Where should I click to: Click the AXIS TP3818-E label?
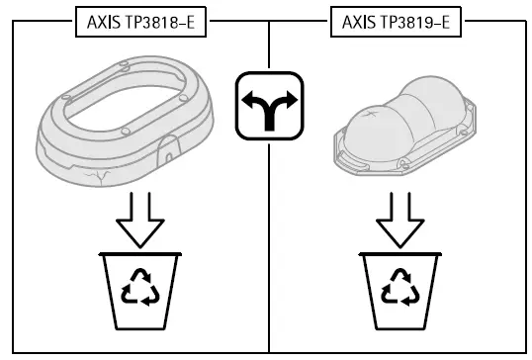pyautogui.click(x=139, y=22)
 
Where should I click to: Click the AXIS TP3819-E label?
pyautogui.click(x=395, y=22)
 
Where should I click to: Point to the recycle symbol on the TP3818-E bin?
pyautogui.click(x=140, y=289)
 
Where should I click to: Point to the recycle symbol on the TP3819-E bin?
pyautogui.click(x=399, y=289)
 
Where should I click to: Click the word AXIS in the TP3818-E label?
pyautogui.click(x=100, y=22)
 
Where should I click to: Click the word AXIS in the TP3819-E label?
pyautogui.click(x=356, y=22)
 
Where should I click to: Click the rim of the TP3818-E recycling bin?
pyautogui.click(x=140, y=258)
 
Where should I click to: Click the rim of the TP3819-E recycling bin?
pyautogui.click(x=399, y=258)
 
